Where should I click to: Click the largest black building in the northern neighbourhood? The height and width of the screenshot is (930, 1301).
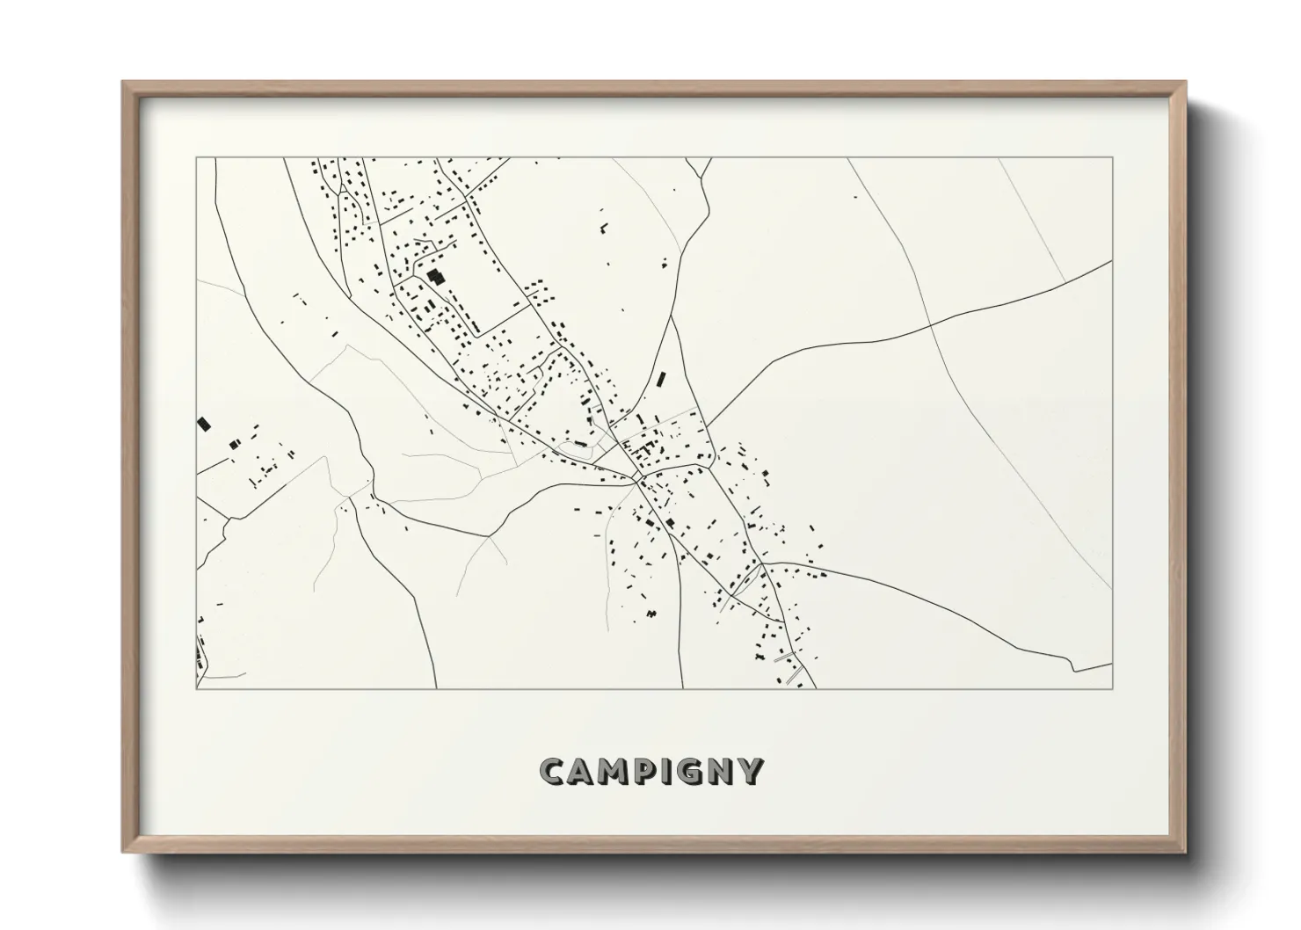point(435,276)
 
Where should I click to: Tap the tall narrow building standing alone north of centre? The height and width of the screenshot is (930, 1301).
point(660,381)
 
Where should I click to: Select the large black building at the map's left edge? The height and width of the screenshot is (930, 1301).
point(205,424)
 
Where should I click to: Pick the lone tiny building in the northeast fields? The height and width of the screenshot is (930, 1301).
point(855,196)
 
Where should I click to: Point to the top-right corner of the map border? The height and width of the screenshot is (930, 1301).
point(1112,158)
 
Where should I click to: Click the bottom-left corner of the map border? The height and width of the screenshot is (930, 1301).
point(196,688)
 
